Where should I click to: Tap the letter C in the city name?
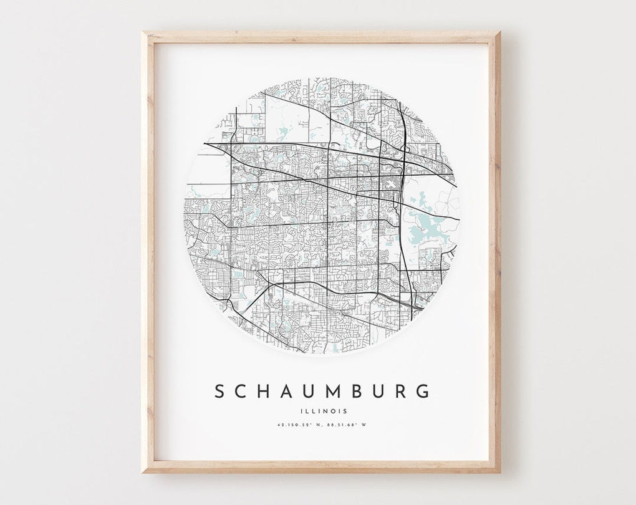click(x=244, y=392)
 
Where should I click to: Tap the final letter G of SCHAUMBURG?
click(x=423, y=392)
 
